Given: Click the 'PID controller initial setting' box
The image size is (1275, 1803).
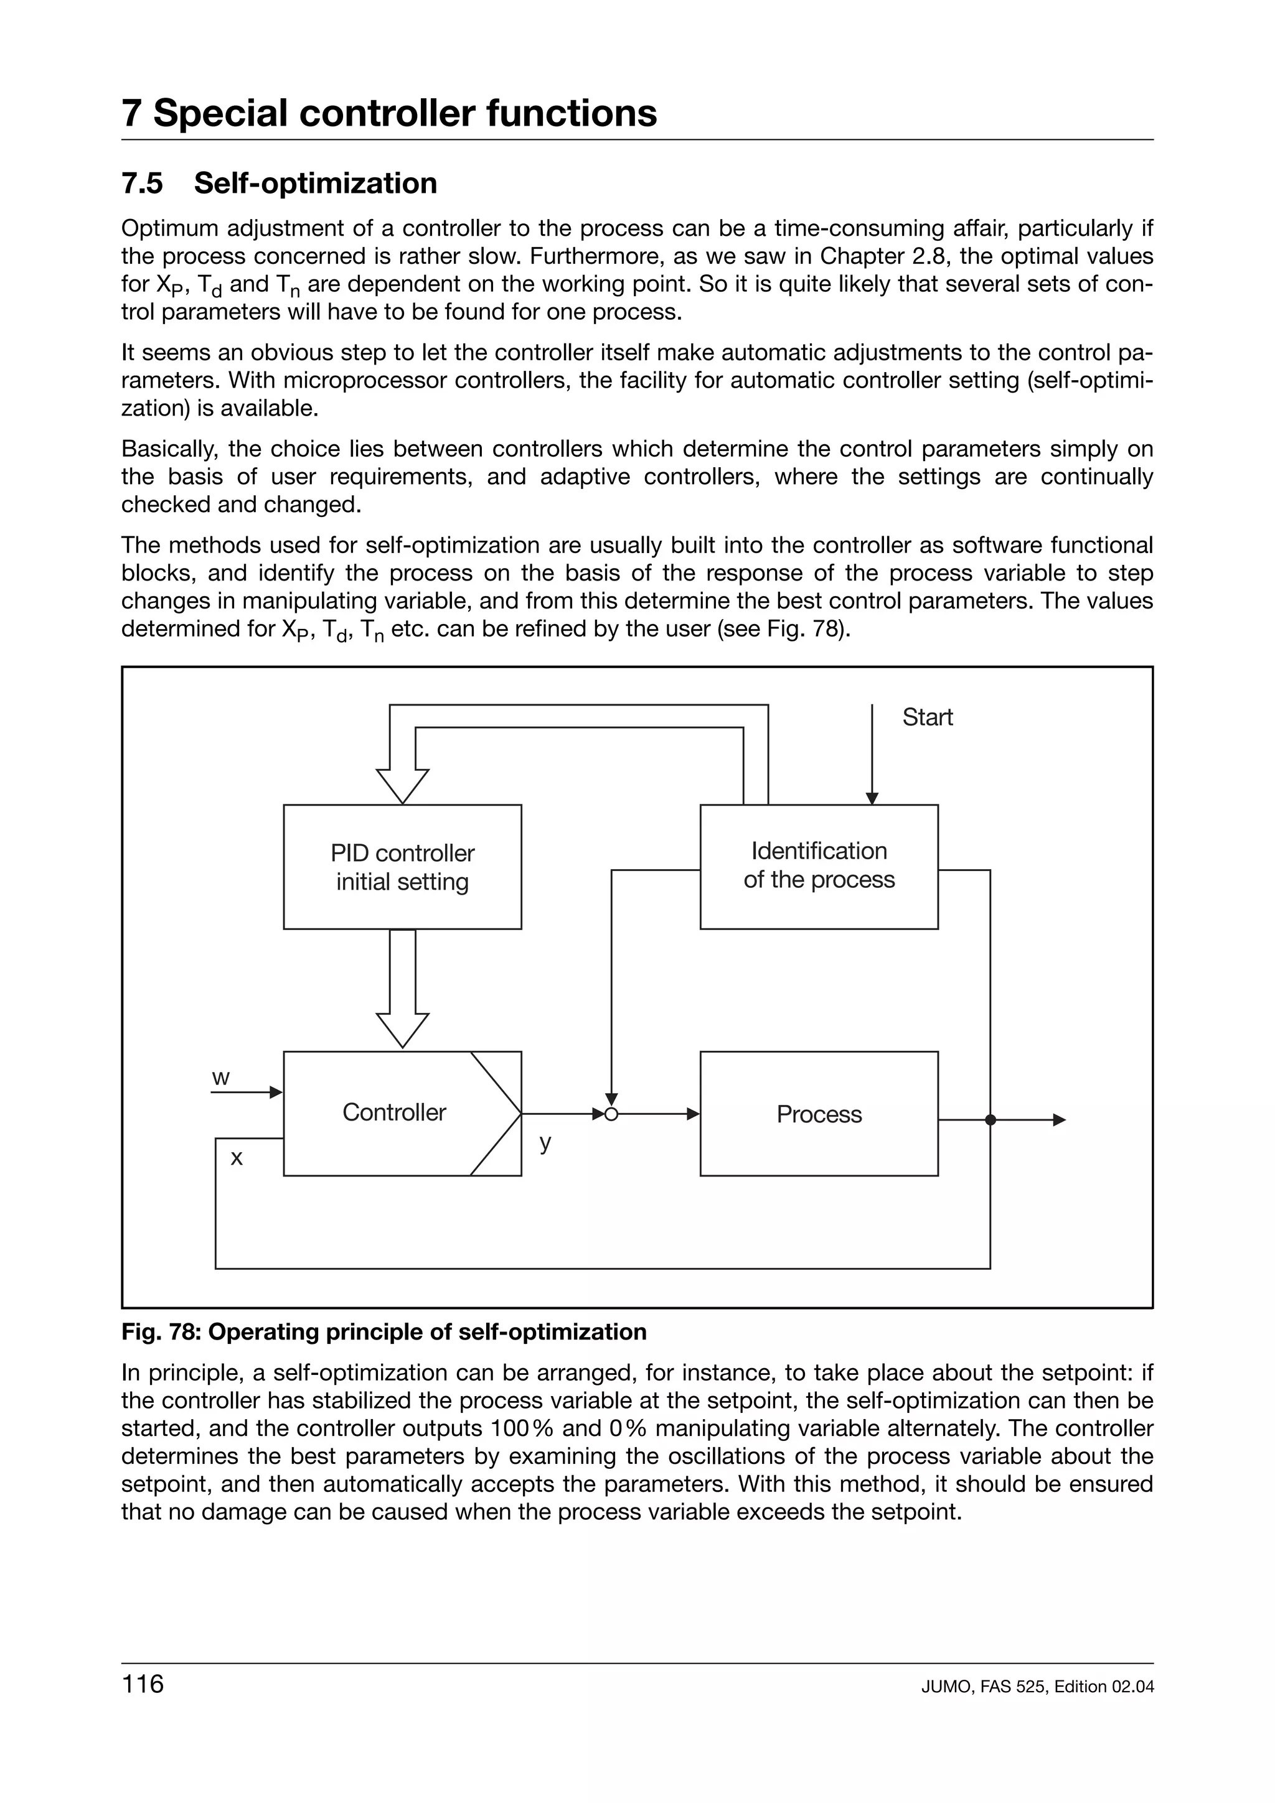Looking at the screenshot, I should click(402, 866).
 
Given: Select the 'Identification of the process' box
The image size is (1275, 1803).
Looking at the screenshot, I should click(819, 866).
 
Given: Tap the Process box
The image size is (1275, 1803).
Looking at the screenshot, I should click(819, 1114).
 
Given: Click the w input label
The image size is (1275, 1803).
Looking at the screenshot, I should click(221, 1078).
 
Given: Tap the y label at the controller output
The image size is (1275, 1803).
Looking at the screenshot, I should click(545, 1142).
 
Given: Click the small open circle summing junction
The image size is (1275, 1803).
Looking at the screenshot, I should click(612, 1114).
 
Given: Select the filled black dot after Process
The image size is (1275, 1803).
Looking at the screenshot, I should click(990, 1120).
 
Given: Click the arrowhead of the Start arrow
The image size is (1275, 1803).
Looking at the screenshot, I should click(871, 799).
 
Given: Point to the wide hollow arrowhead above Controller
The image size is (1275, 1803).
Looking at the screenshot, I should click(402, 1028).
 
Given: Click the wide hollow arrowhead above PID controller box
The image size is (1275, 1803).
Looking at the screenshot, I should click(402, 785).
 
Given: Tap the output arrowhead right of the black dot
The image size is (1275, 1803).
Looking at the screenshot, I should click(1059, 1120).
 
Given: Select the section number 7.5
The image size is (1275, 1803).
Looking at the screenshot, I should click(142, 183).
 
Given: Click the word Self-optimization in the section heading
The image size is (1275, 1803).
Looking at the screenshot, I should click(315, 183).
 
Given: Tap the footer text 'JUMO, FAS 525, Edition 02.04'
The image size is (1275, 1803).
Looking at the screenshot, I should click(1037, 1686).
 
